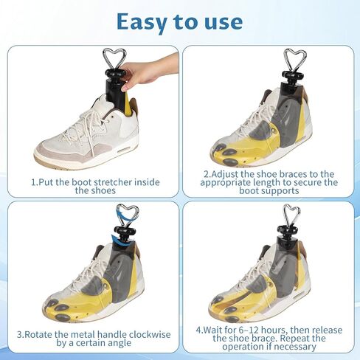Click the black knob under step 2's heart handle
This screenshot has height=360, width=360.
(x=292, y=75)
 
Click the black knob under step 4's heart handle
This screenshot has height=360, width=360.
(x=288, y=230)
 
